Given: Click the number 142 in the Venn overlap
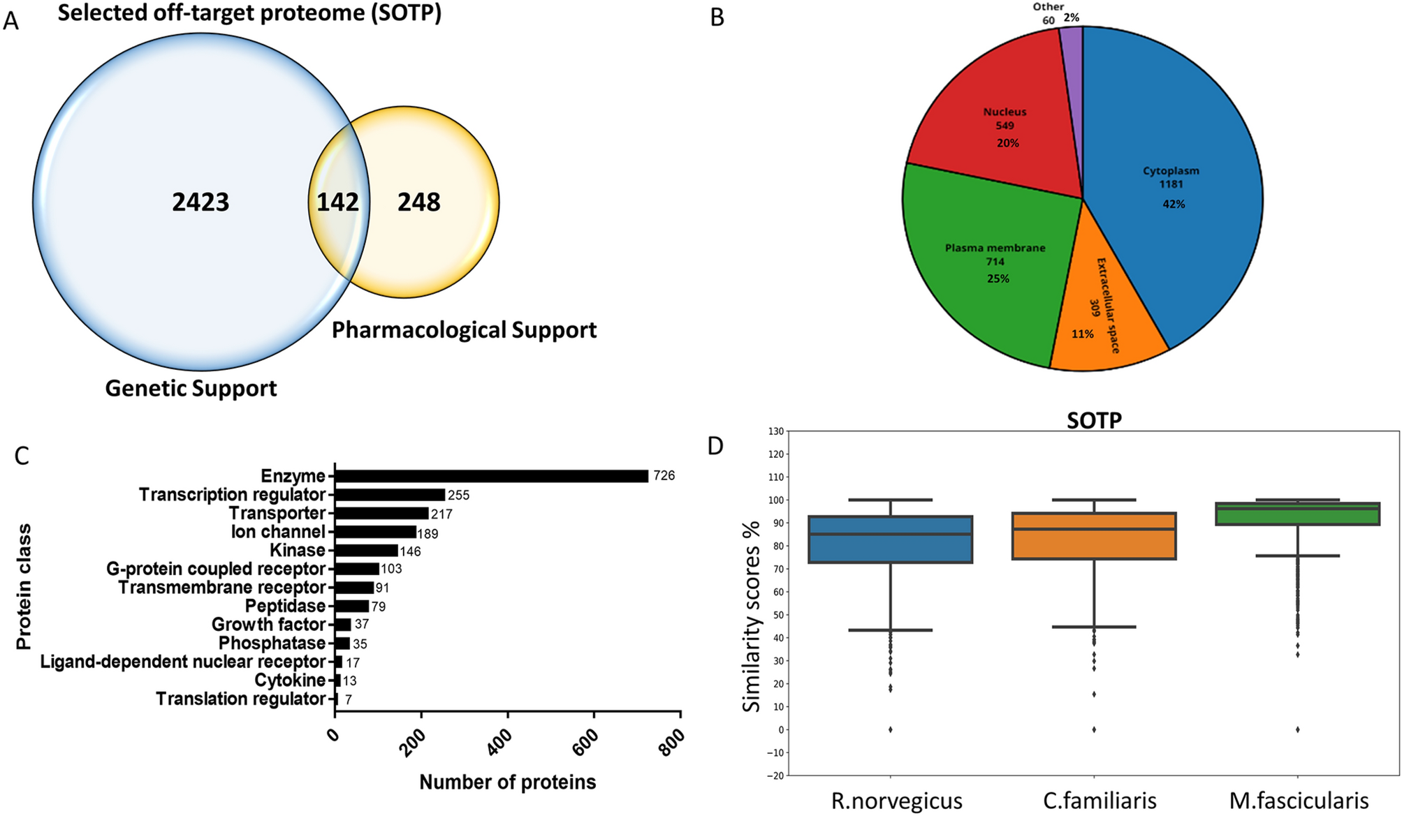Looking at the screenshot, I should [x=337, y=202].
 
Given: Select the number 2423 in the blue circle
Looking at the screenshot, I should [x=200, y=202].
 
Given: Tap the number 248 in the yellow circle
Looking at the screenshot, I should [x=418, y=202].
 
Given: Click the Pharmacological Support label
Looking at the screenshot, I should [x=464, y=329].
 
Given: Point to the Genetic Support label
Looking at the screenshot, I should [x=191, y=388].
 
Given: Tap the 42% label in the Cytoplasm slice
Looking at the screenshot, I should [x=1174, y=204].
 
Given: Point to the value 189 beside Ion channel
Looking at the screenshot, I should [x=428, y=534].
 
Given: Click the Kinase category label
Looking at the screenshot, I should [x=298, y=551].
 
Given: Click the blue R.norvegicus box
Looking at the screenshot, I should [x=890, y=540].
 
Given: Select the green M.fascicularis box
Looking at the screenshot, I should [x=1297, y=514].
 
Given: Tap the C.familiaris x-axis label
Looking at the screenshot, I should [x=1100, y=801].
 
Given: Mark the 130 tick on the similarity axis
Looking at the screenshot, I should [x=775, y=431].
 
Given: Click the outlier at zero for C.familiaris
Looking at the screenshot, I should [x=1094, y=729].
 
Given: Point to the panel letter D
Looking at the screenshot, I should [x=715, y=446].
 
